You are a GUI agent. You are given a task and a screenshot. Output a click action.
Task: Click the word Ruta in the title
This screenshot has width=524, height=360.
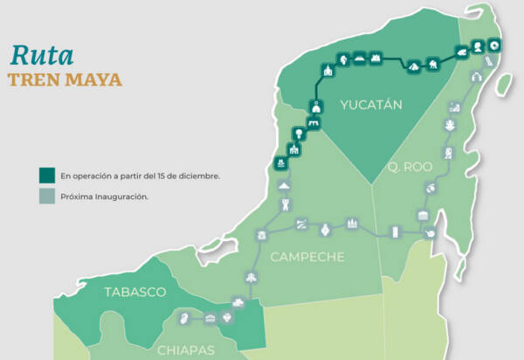pos(41,53)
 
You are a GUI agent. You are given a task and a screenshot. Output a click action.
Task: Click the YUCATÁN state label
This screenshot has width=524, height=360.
pos(370,106)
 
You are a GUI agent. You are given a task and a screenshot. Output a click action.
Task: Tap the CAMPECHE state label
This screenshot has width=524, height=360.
pos(307,257)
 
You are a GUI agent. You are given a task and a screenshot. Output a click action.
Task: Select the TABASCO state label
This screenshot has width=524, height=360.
pos(134,291)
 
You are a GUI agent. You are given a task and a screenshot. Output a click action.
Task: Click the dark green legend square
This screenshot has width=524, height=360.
pos(48,175)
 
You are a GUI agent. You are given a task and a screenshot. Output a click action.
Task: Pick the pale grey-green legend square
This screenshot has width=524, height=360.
pos(48,197)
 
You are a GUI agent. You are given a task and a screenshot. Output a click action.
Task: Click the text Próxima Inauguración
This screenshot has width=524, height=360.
pos(104,197)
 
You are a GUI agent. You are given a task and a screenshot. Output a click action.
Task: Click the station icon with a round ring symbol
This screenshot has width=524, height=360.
pos(495,45)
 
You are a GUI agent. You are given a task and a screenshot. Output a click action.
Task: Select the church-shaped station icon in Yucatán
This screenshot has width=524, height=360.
pos(327,70)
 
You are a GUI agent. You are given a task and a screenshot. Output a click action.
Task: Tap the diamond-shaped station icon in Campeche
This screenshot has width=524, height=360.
pos(325,231)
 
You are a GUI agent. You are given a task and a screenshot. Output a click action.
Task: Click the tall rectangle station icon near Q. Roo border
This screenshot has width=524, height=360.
pos(395,232)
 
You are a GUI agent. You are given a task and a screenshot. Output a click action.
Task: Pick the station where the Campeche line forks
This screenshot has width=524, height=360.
pos(261,235)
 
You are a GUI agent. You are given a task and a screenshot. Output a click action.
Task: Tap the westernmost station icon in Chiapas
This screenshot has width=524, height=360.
pos(184,317)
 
